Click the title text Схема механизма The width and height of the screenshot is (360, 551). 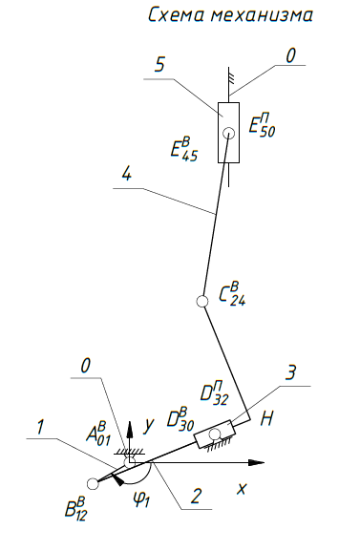tap(231, 15)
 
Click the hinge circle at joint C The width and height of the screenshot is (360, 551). tap(201, 301)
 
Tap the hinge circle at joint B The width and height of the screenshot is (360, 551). tap(93, 484)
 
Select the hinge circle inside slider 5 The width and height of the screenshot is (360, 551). tap(229, 133)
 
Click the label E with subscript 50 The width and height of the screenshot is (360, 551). tap(262, 125)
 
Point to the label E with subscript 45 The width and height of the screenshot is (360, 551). tap(184, 149)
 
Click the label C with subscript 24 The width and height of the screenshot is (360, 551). tap(232, 294)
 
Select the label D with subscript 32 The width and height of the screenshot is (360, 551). tap(215, 393)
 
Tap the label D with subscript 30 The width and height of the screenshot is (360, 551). tap(180, 419)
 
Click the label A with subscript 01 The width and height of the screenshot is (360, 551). tap(98, 434)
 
